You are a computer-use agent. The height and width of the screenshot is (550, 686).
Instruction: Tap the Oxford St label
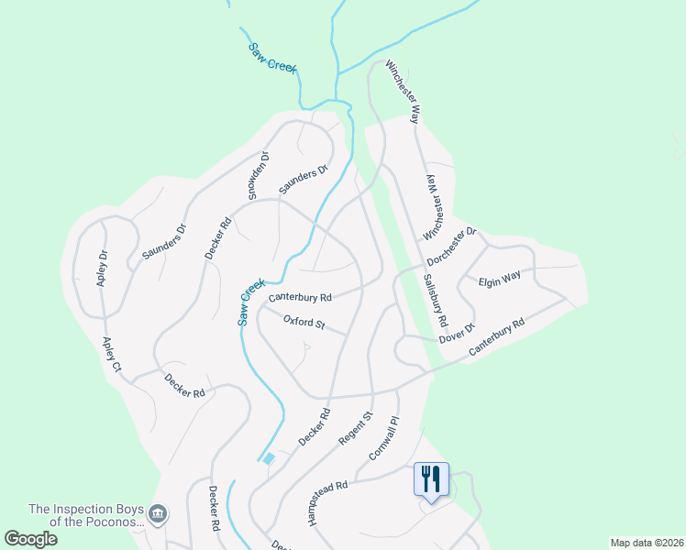(x=304, y=322)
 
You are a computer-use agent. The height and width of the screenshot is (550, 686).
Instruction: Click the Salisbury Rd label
(x=434, y=301)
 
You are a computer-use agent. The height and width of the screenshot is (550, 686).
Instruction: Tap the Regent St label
(x=356, y=428)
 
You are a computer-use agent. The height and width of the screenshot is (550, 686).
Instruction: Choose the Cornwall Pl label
(x=384, y=439)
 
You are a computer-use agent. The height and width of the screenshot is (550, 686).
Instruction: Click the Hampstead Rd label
(x=329, y=503)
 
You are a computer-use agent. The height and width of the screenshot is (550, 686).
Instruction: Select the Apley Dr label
(x=103, y=268)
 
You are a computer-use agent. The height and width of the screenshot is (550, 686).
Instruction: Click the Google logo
(x=30, y=538)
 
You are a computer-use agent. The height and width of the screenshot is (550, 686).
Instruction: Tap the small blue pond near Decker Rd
(x=268, y=458)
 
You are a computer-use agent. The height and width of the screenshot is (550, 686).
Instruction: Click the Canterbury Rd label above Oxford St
(x=300, y=298)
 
